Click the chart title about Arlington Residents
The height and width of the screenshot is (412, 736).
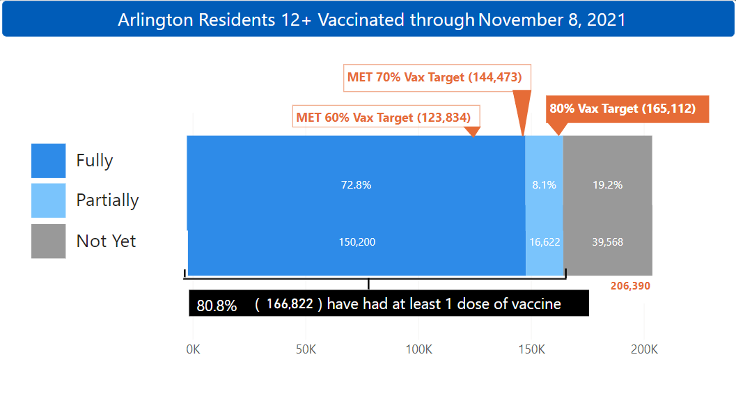371,19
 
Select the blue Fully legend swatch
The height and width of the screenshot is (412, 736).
49,161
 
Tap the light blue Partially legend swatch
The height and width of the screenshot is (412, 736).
49,200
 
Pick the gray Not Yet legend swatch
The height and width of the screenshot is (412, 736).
49,241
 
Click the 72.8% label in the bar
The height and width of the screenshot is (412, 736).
356,185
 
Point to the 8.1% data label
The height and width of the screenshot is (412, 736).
544,185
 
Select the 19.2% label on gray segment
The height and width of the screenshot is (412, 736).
607,185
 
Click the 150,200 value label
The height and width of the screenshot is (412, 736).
356,242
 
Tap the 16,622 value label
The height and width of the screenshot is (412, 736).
545,242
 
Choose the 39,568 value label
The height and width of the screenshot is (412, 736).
607,242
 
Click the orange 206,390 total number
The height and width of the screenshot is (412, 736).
630,285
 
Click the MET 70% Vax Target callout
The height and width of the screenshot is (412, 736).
435,77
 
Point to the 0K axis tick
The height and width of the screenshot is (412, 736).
193,349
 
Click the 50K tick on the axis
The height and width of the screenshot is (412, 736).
306,349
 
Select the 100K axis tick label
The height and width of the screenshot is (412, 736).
418,349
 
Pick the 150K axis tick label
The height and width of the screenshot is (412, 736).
531,349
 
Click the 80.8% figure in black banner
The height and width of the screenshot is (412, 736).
217,305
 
